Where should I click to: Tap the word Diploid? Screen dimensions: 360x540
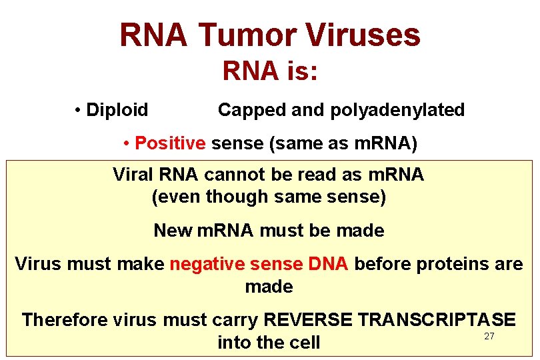tap(117, 110)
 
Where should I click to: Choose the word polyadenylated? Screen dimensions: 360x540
tap(398, 110)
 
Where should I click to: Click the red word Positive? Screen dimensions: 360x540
tap(170, 143)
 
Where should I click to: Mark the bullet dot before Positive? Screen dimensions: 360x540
tap(127, 144)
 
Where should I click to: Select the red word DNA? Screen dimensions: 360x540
tap(329, 264)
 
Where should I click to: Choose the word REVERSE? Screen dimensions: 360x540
tap(307, 320)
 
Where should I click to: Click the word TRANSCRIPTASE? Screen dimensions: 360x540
tap(437, 320)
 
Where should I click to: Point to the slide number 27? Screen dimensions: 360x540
tap(489, 336)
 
